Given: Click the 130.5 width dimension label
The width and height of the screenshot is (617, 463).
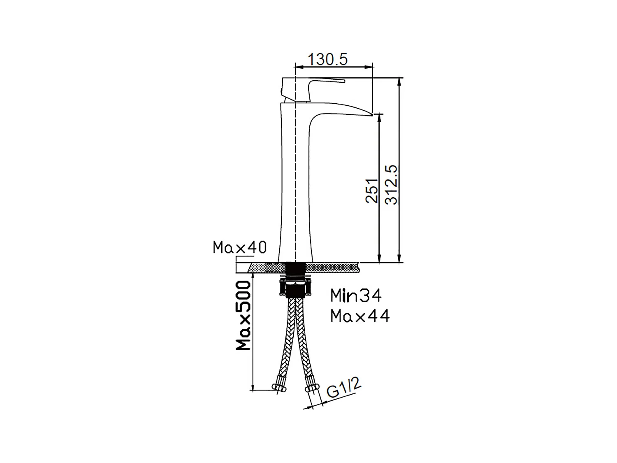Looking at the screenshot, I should coord(328,60).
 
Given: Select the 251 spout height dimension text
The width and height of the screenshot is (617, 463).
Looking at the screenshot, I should coord(372,190).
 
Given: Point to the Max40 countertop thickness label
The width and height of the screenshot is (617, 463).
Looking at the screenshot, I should coord(239,247).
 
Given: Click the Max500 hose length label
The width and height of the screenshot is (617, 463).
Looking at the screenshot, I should coord(244,316).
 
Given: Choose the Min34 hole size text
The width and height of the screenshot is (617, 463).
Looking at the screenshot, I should coord(356,295).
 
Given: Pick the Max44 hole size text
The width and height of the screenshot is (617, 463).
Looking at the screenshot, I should coord(360,316).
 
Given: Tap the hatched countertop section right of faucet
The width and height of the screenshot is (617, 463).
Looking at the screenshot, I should coord(333,268).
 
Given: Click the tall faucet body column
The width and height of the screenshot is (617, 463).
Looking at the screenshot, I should coord(294,185).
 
